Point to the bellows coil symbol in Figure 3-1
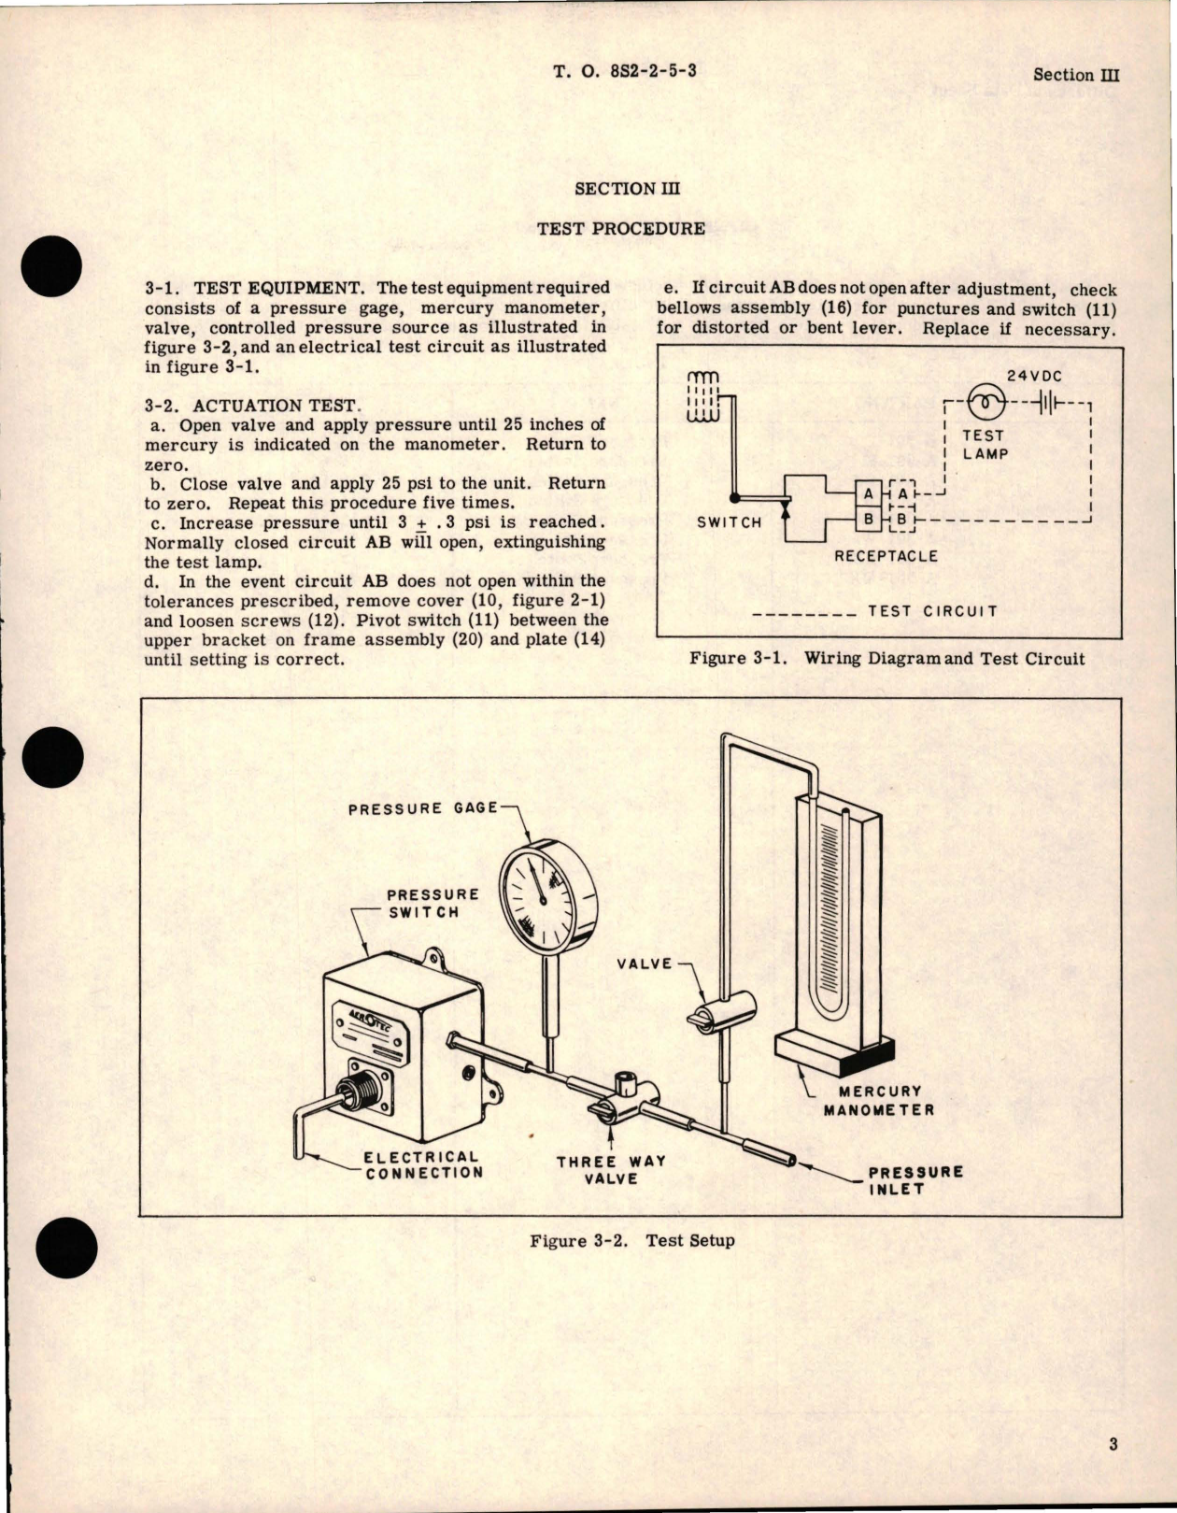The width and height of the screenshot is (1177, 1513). click(x=703, y=395)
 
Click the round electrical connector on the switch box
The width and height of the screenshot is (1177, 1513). click(x=359, y=1089)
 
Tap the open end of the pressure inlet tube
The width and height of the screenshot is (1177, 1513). click(x=791, y=1161)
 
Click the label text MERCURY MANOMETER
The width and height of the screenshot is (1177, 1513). click(x=878, y=1101)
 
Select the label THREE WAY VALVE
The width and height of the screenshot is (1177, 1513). click(x=611, y=1170)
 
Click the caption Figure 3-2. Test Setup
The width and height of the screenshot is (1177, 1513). click(x=631, y=1241)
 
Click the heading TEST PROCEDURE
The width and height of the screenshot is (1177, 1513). click(x=621, y=228)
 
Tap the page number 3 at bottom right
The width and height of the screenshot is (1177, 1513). click(x=1113, y=1445)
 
